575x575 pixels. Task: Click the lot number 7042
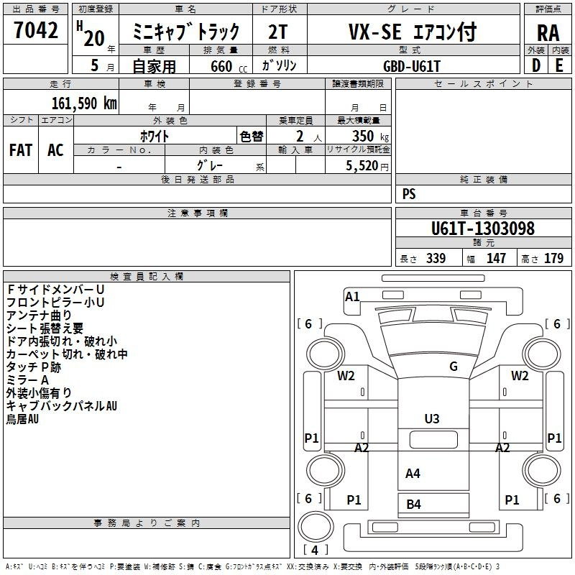pyautogui.click(x=36, y=30)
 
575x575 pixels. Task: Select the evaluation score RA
pyautogui.click(x=548, y=33)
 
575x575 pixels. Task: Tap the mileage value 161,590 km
pyautogui.click(x=84, y=103)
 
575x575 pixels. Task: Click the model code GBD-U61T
pyautogui.click(x=411, y=66)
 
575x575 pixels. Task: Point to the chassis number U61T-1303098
pyautogui.click(x=483, y=229)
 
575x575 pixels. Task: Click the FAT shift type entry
pyautogui.click(x=21, y=150)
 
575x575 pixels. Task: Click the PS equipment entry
pyautogui.click(x=409, y=194)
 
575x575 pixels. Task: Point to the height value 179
pyautogui.click(x=553, y=258)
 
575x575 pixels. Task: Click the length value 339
pyautogui.click(x=436, y=258)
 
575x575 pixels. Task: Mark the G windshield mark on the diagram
pyautogui.click(x=454, y=366)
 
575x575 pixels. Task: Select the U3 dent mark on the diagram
pyautogui.click(x=432, y=419)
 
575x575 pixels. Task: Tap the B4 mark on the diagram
pyautogui.click(x=414, y=505)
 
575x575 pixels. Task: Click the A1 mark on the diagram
pyautogui.click(x=352, y=296)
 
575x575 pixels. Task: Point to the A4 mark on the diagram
pyautogui.click(x=413, y=474)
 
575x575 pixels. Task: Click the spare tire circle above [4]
pyautogui.click(x=316, y=526)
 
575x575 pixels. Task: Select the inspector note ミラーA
pyautogui.click(x=27, y=380)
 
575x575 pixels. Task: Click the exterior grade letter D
pyautogui.click(x=536, y=65)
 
